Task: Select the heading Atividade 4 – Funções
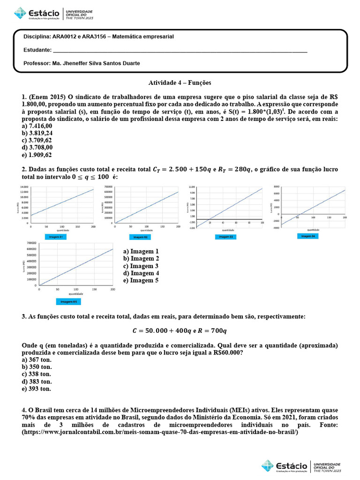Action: click(180, 82)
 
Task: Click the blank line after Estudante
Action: click(180, 50)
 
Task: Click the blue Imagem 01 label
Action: click(57, 237)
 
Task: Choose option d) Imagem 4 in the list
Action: click(141, 273)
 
